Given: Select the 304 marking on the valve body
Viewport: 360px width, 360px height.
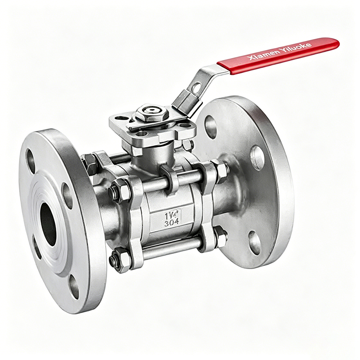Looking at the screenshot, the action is click(173, 223).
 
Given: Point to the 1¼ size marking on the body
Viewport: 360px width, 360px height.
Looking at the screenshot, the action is click(173, 215).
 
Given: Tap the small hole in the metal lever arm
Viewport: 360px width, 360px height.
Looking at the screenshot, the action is click(196, 88).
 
